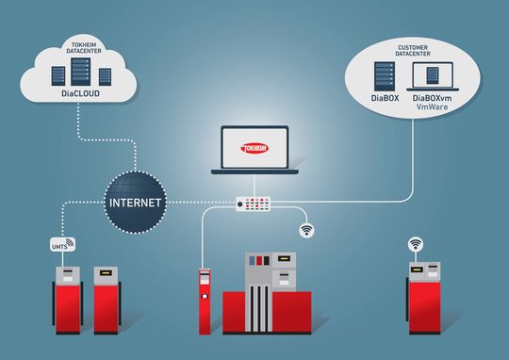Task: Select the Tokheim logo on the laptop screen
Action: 254,147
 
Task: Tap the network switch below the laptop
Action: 254,203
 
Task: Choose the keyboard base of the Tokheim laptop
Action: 254,172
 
